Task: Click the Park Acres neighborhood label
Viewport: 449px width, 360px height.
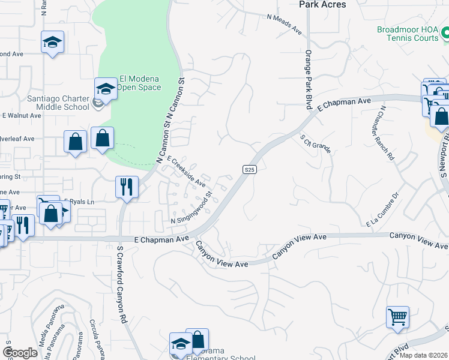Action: (322, 5)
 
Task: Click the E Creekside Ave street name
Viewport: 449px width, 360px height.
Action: (187, 172)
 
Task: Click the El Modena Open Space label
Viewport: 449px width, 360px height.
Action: (139, 83)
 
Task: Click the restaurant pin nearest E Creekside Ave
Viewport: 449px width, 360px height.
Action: (127, 186)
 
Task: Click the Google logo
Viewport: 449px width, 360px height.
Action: (20, 352)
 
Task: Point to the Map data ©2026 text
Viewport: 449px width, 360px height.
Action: (423, 355)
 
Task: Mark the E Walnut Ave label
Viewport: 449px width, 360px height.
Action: (20, 115)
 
